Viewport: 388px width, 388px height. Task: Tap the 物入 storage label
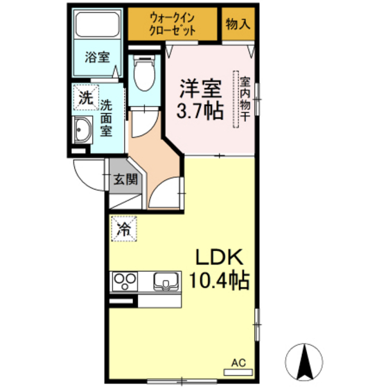coord(238,24)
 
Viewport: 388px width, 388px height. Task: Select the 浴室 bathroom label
coord(97,58)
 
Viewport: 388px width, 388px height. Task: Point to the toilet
coord(144,73)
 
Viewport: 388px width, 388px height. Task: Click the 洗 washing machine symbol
coord(85,98)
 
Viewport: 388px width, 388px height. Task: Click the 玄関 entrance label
coord(125,179)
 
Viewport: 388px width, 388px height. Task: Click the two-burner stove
coord(125,281)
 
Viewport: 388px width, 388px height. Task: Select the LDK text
coord(218,258)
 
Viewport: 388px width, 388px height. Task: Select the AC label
coord(238,362)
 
